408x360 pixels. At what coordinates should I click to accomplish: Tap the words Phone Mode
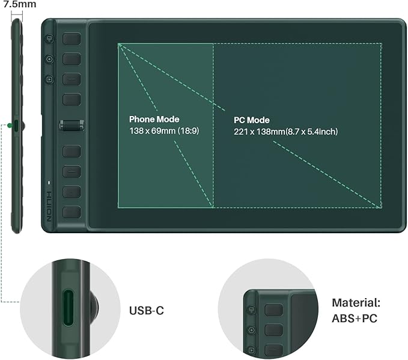click(154, 119)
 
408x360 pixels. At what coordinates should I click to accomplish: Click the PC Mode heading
click(252, 120)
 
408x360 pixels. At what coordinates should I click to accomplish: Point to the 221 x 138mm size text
click(285, 131)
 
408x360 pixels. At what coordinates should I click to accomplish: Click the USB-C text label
click(146, 311)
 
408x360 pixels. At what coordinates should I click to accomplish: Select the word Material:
click(356, 304)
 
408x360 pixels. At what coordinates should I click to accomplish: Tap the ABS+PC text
click(355, 319)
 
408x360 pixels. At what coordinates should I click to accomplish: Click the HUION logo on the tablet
click(50, 206)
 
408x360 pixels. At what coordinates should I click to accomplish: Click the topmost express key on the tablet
click(72, 38)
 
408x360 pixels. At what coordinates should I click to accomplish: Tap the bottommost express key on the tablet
click(72, 212)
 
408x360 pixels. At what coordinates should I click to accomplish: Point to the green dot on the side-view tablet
click(10, 125)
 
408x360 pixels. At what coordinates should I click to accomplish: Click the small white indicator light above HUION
click(50, 182)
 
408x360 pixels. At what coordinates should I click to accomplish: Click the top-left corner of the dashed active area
click(118, 43)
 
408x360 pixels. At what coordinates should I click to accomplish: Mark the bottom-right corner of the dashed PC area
click(382, 208)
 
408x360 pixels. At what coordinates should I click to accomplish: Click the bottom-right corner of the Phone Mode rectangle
click(213, 208)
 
